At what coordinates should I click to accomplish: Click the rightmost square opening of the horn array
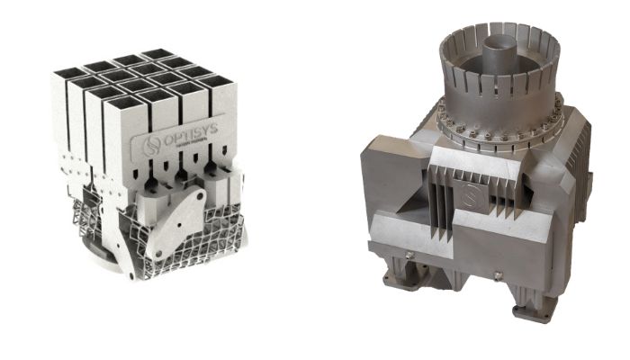tap(216, 83)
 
